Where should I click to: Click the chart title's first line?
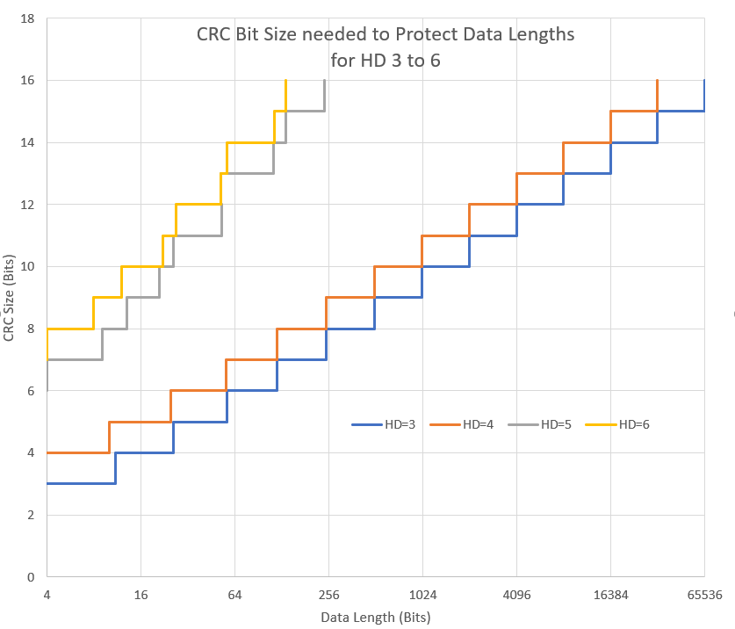[x=386, y=35]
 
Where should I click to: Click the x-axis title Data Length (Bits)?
[x=375, y=617]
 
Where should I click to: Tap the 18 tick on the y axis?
[x=27, y=18]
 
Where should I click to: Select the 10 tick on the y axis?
[x=27, y=266]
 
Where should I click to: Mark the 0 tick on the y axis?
[x=30, y=577]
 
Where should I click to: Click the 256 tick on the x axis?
[x=328, y=594]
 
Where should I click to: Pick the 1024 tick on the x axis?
[x=422, y=594]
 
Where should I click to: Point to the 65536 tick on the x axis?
[x=704, y=594]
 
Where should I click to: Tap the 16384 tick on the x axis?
[x=610, y=594]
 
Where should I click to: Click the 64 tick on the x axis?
[x=234, y=594]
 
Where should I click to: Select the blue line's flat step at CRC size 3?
[x=81, y=483]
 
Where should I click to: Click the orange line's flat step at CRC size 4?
[x=78, y=452]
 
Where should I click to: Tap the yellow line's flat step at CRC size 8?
[x=70, y=329]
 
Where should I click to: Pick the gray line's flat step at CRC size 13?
[x=250, y=173]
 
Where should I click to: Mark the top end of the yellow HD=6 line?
[x=285, y=81]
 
